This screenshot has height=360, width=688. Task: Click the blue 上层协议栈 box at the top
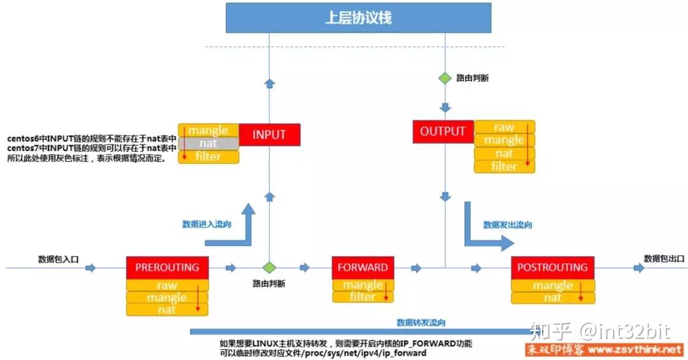359,18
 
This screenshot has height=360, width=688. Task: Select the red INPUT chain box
269,135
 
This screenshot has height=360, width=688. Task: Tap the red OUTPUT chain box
443,131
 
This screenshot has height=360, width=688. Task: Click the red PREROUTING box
167,268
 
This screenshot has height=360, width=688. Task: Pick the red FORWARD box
362,268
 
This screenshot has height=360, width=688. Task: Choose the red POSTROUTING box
552,268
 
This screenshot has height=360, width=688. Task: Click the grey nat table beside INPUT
208,143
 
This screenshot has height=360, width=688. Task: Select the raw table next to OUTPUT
504,127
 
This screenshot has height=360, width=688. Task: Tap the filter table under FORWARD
362,296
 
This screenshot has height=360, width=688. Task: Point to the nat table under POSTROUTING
552,298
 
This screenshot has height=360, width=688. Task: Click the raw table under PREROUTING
167,285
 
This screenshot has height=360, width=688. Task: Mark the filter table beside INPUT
208,156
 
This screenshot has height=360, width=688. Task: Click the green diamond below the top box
444,78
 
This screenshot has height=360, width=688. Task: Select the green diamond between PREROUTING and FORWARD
269,268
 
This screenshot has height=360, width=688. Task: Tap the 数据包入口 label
58,259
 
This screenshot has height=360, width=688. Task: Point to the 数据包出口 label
664,258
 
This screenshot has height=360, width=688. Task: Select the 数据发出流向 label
508,225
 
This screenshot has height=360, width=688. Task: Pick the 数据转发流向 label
421,322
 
